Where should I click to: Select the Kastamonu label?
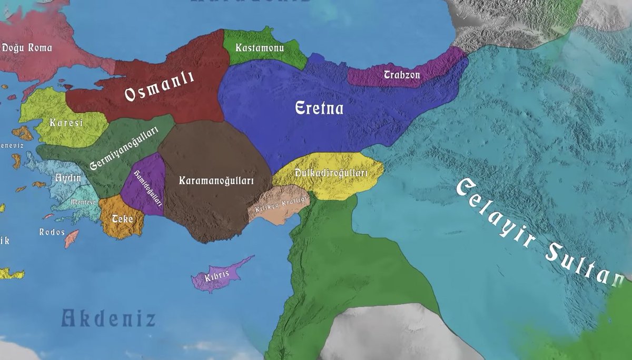[260, 48]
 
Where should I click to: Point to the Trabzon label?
[402, 75]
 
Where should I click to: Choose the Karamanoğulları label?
[216, 181]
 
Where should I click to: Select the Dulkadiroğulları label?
[331, 173]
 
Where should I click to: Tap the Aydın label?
[68, 178]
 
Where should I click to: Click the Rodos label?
[52, 232]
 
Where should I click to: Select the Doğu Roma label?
[27, 48]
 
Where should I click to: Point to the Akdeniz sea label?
[108, 318]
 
